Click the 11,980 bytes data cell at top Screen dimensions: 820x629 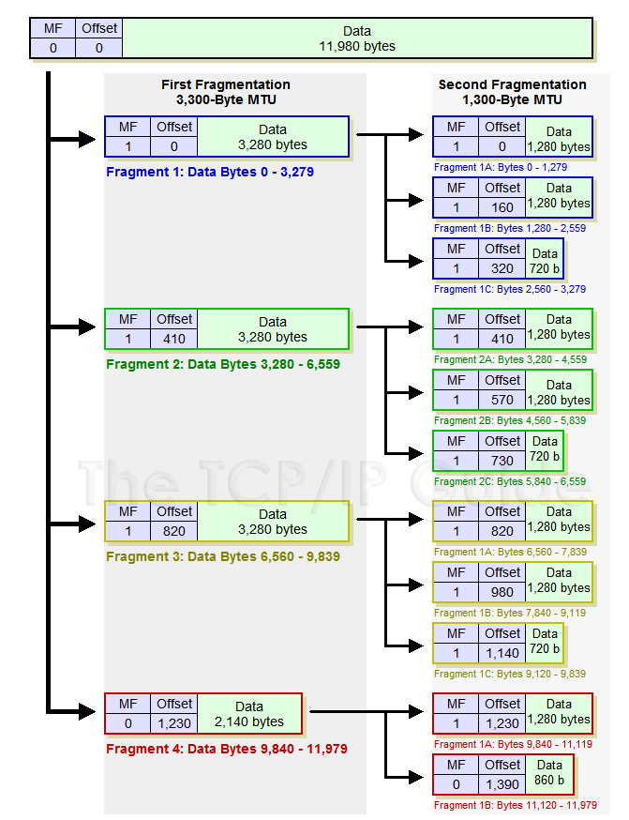(x=357, y=38)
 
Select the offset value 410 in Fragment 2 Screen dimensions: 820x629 (x=174, y=339)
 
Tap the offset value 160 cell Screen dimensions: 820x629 (x=502, y=207)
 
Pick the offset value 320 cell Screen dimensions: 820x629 (x=502, y=268)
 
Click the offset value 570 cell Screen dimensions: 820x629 (x=502, y=400)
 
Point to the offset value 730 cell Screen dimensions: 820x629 (x=502, y=461)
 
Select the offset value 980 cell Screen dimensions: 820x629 (x=502, y=592)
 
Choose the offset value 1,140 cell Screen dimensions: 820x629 (x=502, y=653)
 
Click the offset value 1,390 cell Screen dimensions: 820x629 (x=502, y=784)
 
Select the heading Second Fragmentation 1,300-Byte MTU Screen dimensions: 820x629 (x=512, y=92)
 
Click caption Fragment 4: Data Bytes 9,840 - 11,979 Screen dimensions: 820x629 (x=227, y=750)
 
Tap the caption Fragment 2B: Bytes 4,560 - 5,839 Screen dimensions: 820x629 (x=510, y=420)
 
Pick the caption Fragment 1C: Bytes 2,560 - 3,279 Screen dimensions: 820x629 (x=510, y=289)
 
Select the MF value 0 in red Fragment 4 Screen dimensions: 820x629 (x=127, y=723)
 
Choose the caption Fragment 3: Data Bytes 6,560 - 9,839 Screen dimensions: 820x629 (x=223, y=556)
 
